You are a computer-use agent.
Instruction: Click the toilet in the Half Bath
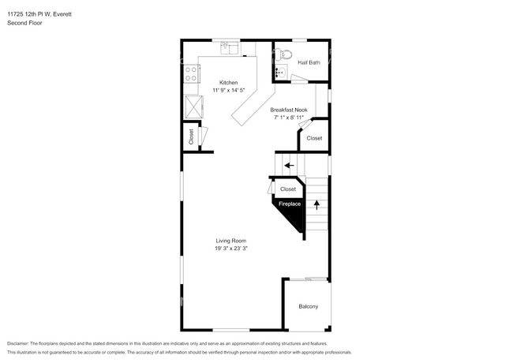[x=285, y=55]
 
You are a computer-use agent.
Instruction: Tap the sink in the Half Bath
[x=279, y=72]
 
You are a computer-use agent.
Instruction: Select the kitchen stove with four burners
[x=190, y=74]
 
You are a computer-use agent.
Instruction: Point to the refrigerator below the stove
[x=192, y=106]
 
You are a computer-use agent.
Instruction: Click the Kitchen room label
[x=228, y=82]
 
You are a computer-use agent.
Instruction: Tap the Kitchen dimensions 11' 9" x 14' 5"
[x=228, y=90]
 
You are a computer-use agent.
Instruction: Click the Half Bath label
[x=309, y=62]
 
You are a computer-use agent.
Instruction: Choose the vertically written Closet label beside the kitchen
[x=191, y=137]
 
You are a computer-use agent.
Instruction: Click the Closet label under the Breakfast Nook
[x=314, y=138]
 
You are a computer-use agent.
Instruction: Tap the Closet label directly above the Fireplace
[x=288, y=189]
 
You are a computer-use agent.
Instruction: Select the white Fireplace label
[x=289, y=204]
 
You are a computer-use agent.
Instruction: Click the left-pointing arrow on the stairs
[x=289, y=166]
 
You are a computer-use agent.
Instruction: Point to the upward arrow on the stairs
[x=317, y=204]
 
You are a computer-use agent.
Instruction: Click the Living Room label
[x=232, y=241]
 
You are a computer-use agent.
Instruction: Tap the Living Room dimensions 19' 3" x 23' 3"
[x=232, y=249]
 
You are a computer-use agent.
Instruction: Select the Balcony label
[x=308, y=306]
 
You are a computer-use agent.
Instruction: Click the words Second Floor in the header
[x=24, y=24]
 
